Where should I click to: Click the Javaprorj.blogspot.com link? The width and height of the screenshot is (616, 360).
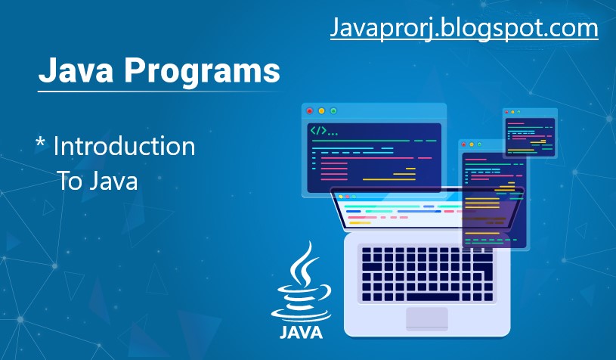[x=464, y=28]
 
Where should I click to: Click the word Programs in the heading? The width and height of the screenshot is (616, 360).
[x=202, y=71]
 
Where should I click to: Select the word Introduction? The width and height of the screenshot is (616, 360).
[x=124, y=146]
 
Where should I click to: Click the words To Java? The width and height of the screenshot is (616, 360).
[x=98, y=181]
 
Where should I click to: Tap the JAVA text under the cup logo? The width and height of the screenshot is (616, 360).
[x=301, y=333]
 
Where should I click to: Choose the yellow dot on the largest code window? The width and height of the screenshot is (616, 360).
[x=321, y=111]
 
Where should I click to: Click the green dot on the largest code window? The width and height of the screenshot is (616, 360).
[x=333, y=111]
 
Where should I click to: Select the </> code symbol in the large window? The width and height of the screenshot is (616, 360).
[x=319, y=131]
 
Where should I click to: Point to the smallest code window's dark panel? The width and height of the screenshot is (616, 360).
[x=530, y=137]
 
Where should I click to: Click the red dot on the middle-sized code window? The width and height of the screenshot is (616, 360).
[x=464, y=144]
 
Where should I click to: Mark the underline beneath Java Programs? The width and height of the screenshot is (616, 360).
[x=159, y=92]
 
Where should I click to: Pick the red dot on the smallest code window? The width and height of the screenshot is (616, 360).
[x=507, y=113]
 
